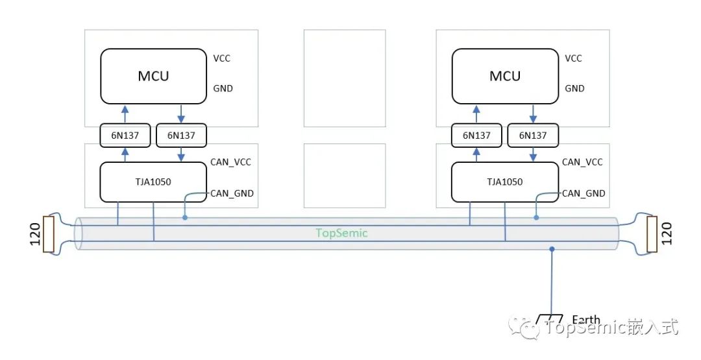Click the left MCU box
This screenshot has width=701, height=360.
pyautogui.click(x=153, y=76)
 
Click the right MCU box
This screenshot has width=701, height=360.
pyautogui.click(x=505, y=76)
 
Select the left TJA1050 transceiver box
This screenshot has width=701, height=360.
pyautogui.click(x=153, y=182)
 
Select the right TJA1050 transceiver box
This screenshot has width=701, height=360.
pyautogui.click(x=505, y=182)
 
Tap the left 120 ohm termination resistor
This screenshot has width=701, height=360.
pyautogui.click(x=48, y=234)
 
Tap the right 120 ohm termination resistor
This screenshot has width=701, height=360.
pyautogui.click(x=652, y=234)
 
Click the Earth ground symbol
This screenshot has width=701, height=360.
pyautogui.click(x=549, y=320)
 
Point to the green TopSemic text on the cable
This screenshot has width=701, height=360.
pyautogui.click(x=341, y=233)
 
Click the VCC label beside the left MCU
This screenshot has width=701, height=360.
pyautogui.click(x=222, y=58)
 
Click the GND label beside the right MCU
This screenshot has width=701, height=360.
pyautogui.click(x=574, y=88)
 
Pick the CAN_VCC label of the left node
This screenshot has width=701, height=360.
pyautogui.click(x=230, y=162)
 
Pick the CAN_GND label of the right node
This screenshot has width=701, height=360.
pyautogui.click(x=583, y=193)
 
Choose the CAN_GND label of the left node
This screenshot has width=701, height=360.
pyautogui.click(x=232, y=193)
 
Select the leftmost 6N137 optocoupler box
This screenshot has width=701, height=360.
pyautogui.click(x=125, y=136)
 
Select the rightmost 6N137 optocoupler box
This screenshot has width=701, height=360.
pyautogui.click(x=533, y=136)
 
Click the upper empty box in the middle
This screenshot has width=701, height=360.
pyautogui.click(x=344, y=78)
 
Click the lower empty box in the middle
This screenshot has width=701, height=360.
pyautogui.click(x=344, y=175)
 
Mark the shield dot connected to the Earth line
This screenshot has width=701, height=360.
pyautogui.click(x=551, y=248)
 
